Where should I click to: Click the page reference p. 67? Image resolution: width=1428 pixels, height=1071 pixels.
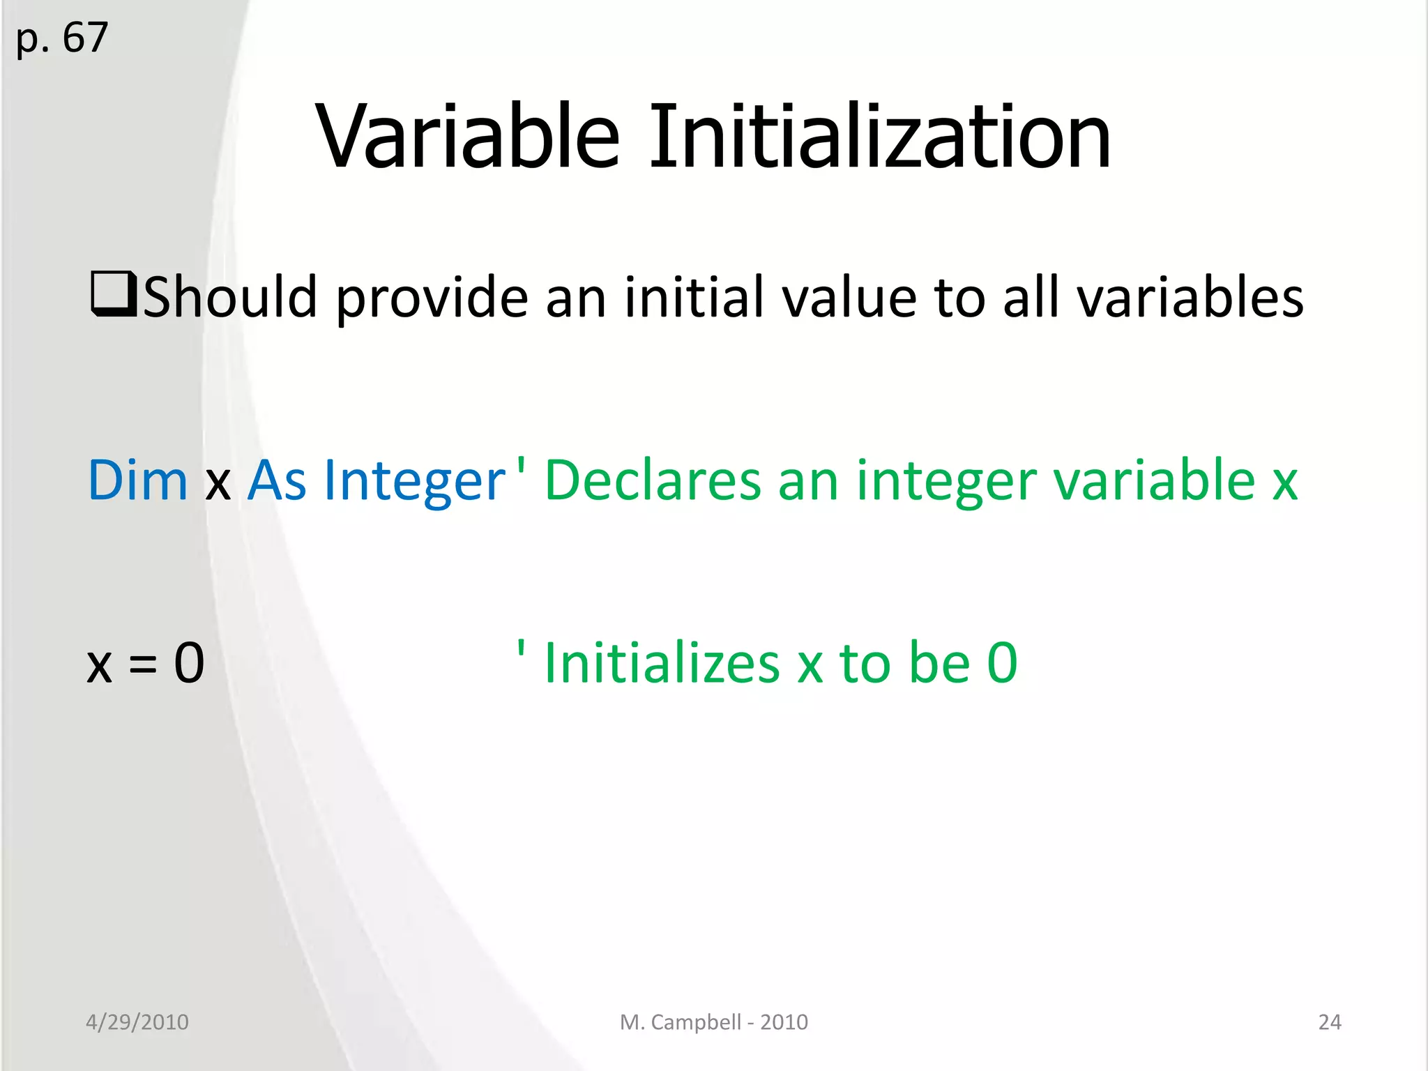(x=62, y=38)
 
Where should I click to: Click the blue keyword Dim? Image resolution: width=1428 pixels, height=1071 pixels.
(x=137, y=480)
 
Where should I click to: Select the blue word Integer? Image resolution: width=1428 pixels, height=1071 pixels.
(x=414, y=482)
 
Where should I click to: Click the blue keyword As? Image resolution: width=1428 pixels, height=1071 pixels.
(x=277, y=480)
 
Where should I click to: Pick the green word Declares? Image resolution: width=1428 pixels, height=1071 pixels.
(x=653, y=480)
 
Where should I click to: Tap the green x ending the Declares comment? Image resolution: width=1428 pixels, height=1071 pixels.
(x=1284, y=483)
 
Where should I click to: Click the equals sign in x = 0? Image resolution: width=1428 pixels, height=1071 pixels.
(x=143, y=664)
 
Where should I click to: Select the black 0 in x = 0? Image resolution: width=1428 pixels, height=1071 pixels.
(x=189, y=663)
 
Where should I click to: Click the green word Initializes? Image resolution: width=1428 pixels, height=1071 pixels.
(x=662, y=663)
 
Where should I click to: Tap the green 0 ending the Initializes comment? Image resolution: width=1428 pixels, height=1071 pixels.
(x=1002, y=663)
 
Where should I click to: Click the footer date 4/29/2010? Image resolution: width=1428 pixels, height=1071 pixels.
(x=137, y=1022)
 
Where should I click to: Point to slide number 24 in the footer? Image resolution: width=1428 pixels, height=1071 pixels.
(x=1329, y=1022)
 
